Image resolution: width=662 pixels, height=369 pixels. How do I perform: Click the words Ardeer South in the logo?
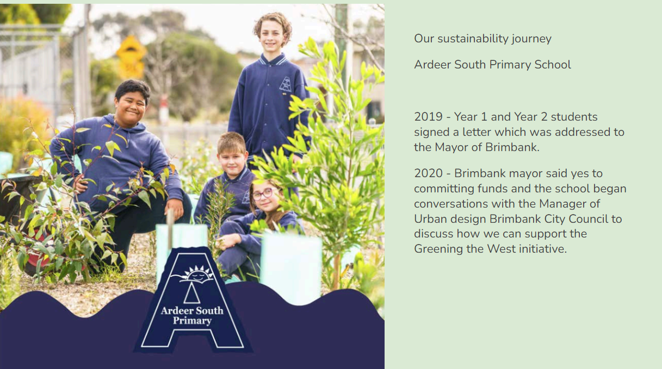click(192, 310)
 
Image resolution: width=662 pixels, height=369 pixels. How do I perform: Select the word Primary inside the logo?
click(192, 321)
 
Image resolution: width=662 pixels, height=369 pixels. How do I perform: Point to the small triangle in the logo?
click(192, 293)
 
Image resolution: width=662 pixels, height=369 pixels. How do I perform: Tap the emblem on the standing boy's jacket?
click(286, 84)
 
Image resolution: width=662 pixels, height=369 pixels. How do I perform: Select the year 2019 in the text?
click(428, 117)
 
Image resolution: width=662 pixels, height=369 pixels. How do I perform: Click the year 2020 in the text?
click(428, 173)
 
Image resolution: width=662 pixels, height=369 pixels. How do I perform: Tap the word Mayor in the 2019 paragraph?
click(451, 147)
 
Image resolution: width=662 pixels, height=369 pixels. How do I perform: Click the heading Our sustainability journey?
click(482, 39)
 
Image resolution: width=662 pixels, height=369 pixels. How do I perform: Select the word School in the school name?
click(553, 65)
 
